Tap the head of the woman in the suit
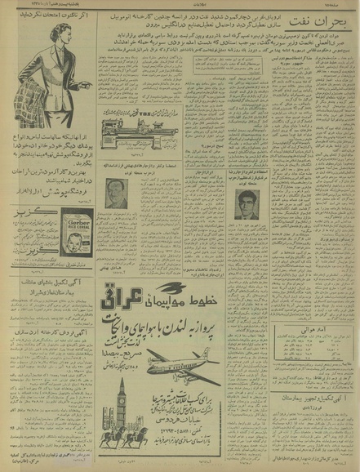point(42,38)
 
